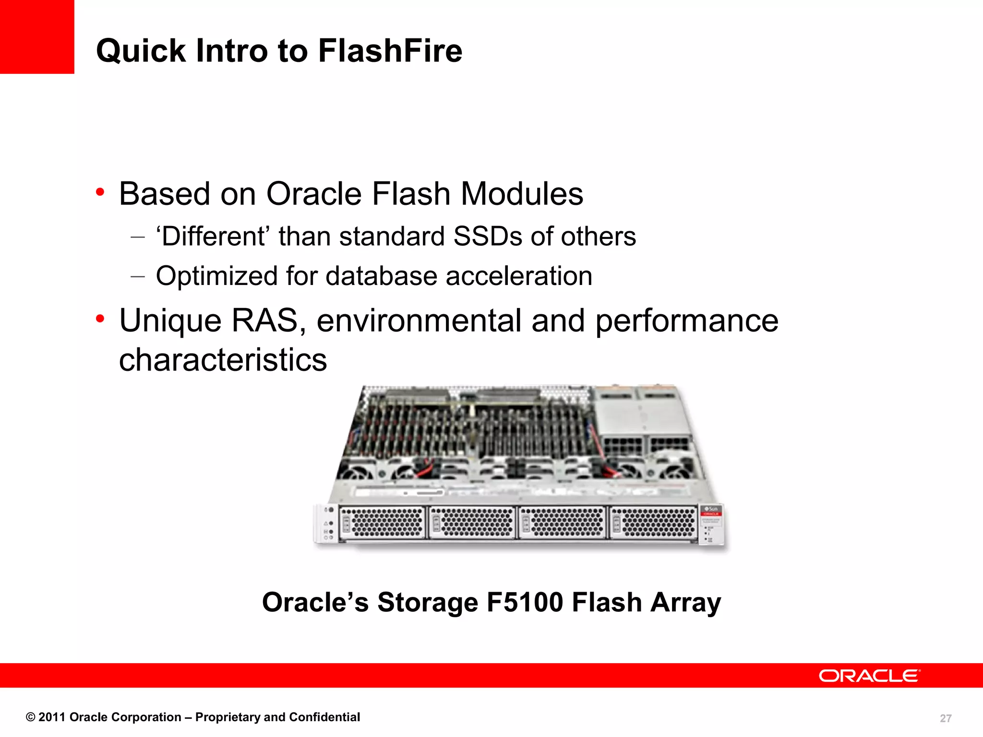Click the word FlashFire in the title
click(x=390, y=51)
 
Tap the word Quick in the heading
click(x=141, y=51)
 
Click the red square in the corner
click(x=37, y=36)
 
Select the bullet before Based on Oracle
click(x=100, y=192)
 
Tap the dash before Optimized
click(x=137, y=276)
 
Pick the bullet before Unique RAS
click(x=100, y=319)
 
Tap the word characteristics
click(x=223, y=360)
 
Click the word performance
click(x=686, y=321)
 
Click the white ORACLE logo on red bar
click(x=869, y=676)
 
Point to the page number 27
click(x=945, y=718)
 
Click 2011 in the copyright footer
click(x=52, y=717)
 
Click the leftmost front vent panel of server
click(x=382, y=522)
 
